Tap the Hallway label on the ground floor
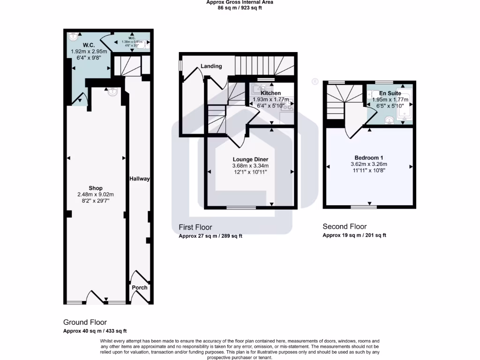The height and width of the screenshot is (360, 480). click(x=139, y=179)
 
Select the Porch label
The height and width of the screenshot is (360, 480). click(x=140, y=287)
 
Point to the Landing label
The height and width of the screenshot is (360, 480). click(x=211, y=66)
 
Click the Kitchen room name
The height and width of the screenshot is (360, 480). click(x=270, y=93)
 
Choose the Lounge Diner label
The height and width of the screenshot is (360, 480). click(x=250, y=159)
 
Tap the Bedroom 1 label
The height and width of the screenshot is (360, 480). click(x=368, y=157)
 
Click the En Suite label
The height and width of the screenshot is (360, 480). click(x=389, y=93)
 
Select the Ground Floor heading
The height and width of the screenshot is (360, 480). click(x=85, y=322)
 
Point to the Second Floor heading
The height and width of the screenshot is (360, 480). click(x=345, y=226)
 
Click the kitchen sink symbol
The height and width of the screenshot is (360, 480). click(x=258, y=88)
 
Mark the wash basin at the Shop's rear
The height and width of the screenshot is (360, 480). click(x=112, y=92)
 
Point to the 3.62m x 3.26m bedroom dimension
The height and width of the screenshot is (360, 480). click(x=368, y=164)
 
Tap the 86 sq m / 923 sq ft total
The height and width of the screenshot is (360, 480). click(x=240, y=8)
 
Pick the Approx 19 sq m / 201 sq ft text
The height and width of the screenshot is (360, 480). click(x=354, y=235)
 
